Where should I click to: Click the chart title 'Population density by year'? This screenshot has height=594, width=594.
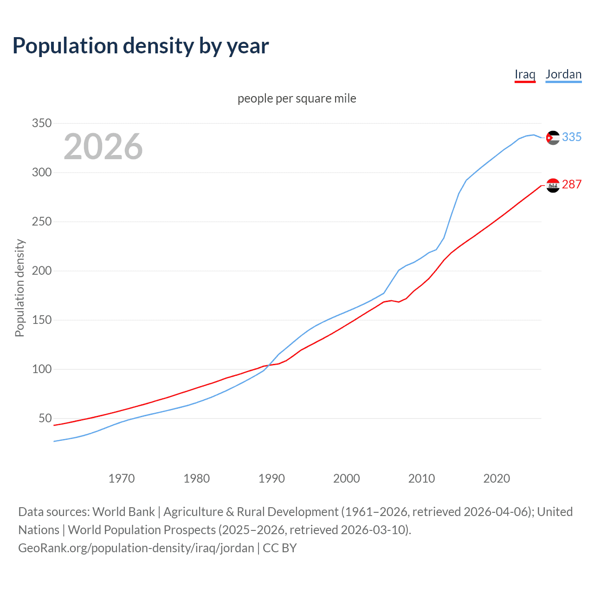[141, 46]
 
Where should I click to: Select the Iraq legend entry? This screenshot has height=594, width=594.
[525, 74]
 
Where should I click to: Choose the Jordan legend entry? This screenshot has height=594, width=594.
[563, 74]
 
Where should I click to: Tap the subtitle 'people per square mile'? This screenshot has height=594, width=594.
[297, 98]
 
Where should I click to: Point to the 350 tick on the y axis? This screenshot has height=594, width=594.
[41, 123]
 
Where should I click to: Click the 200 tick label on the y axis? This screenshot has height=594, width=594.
[41, 271]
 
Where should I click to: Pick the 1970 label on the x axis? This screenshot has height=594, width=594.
[122, 478]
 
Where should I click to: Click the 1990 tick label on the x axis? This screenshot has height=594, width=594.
[271, 478]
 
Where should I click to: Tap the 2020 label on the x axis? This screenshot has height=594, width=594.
[497, 478]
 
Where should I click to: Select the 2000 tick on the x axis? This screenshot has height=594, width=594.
[347, 478]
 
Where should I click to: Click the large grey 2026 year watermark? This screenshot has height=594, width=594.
[103, 147]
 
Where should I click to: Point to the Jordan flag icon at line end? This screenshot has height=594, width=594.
[553, 138]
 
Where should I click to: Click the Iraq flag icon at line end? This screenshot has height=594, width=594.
[553, 185]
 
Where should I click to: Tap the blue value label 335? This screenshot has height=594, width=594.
[572, 137]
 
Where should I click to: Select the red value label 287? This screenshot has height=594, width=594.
[572, 184]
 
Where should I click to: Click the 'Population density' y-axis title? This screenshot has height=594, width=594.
[19, 288]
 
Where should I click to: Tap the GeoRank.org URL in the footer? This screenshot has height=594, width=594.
[136, 548]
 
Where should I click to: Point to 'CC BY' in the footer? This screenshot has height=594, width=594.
[280, 548]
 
